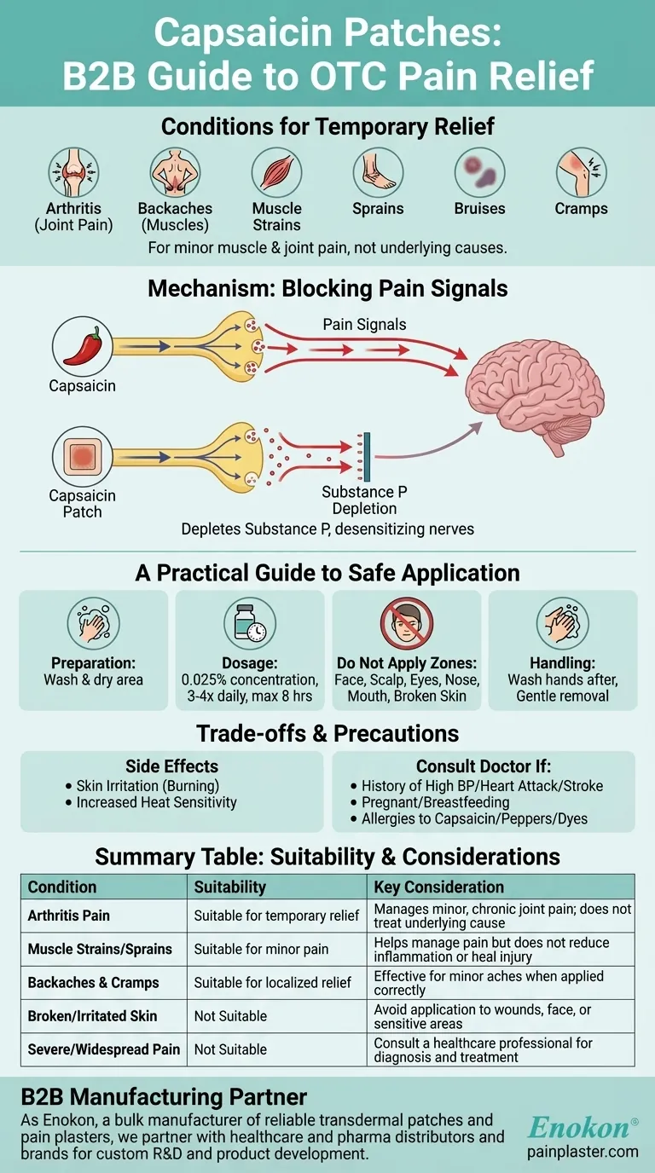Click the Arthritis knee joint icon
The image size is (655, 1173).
[x=73, y=173]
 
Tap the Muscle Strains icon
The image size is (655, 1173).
[x=276, y=173]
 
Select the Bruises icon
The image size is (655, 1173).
[x=479, y=173]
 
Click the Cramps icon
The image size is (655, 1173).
[x=581, y=173]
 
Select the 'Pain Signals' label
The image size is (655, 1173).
[x=363, y=325]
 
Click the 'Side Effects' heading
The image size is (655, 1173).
[x=171, y=766]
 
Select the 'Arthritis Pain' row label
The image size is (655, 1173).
[x=69, y=916]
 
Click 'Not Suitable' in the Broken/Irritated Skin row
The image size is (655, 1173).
[x=230, y=1016]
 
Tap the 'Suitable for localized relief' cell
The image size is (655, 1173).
[x=273, y=983]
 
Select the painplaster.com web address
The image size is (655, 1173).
[x=583, y=1152]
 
